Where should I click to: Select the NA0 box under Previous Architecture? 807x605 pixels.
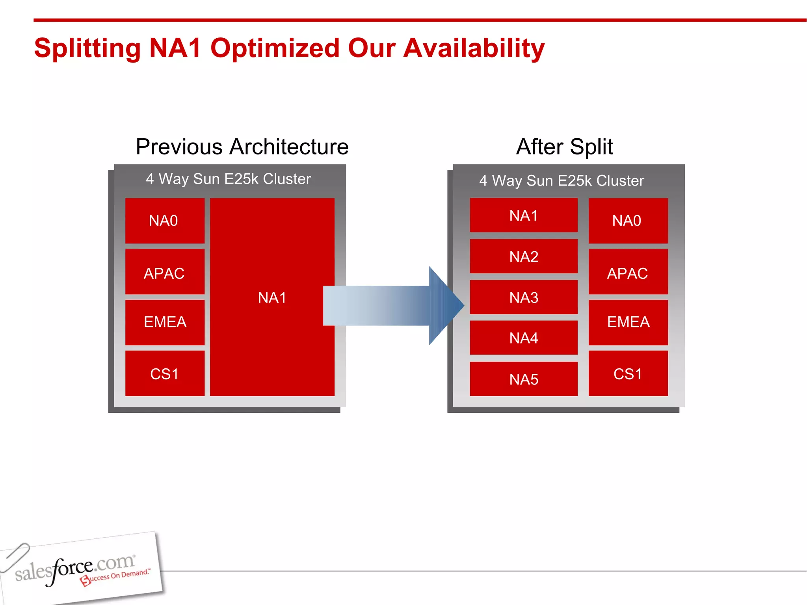pyautogui.click(x=165, y=221)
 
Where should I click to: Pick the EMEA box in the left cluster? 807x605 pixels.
pyautogui.click(x=165, y=322)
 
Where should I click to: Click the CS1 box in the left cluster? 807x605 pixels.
pyautogui.click(x=165, y=373)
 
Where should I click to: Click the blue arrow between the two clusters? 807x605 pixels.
pyautogui.click(x=394, y=306)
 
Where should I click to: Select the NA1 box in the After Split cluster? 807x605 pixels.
pyautogui.click(x=523, y=215)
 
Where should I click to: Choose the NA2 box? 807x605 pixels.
pyautogui.click(x=523, y=256)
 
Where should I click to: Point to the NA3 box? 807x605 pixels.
pyautogui.click(x=523, y=297)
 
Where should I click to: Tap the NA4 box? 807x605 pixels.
pyautogui.click(x=523, y=338)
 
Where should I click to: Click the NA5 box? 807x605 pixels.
pyautogui.click(x=523, y=379)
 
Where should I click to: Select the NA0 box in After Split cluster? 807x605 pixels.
pyautogui.click(x=628, y=221)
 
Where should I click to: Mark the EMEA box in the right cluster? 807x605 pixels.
pyautogui.click(x=628, y=322)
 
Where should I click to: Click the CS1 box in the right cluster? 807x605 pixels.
pyautogui.click(x=628, y=373)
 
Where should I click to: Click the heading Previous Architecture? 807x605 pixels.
pyautogui.click(x=242, y=147)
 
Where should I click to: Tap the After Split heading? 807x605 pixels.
pyautogui.click(x=564, y=147)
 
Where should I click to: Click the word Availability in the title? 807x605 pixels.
pyautogui.click(x=474, y=48)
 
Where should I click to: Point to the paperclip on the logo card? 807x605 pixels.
pyautogui.click(x=15, y=556)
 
